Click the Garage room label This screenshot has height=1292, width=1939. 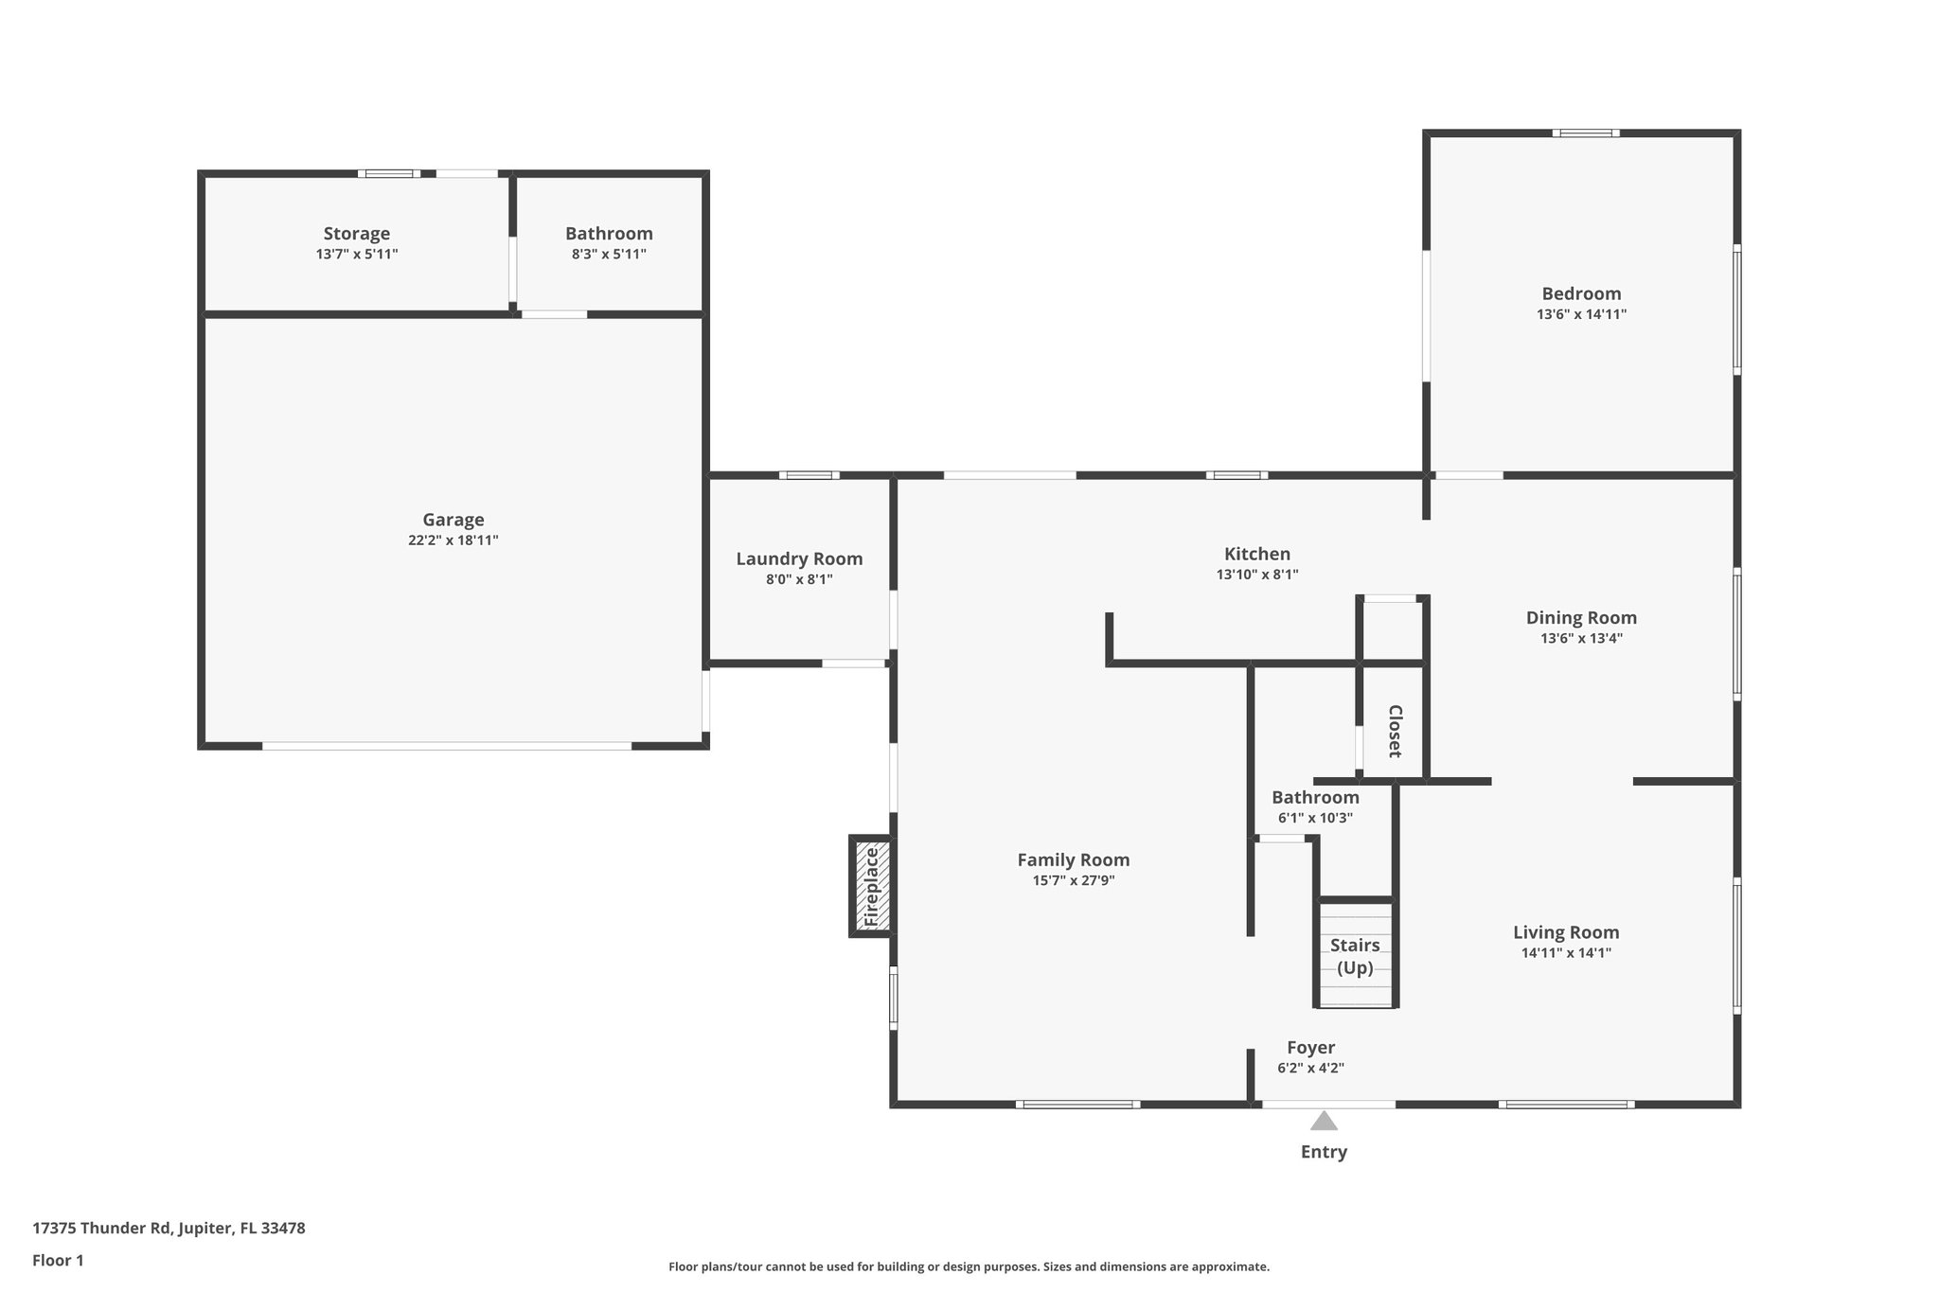coord(453,520)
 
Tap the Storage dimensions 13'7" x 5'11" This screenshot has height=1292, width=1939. coord(357,255)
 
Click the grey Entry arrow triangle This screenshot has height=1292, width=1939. coord(1324,1122)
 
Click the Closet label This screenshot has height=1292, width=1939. coord(1395,731)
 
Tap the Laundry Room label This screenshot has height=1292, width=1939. coord(799,558)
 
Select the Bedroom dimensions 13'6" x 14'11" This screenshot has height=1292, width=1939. coord(1581,314)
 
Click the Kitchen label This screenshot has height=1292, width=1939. coord(1256,554)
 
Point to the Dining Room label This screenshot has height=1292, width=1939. coord(1581,617)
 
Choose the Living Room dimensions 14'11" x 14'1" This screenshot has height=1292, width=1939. coord(1566,953)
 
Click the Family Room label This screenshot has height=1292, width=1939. coord(1073,859)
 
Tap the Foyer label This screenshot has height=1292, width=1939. coord(1310,1047)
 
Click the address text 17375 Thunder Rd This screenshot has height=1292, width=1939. coord(169,1229)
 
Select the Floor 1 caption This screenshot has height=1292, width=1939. coord(58,1260)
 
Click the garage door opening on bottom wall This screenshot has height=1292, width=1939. coord(447,746)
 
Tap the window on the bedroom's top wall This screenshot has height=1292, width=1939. coord(1585,133)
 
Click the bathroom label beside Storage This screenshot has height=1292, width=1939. coord(609,233)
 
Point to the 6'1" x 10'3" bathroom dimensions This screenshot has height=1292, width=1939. coord(1315,818)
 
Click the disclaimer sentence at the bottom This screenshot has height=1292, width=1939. coord(969,1266)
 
